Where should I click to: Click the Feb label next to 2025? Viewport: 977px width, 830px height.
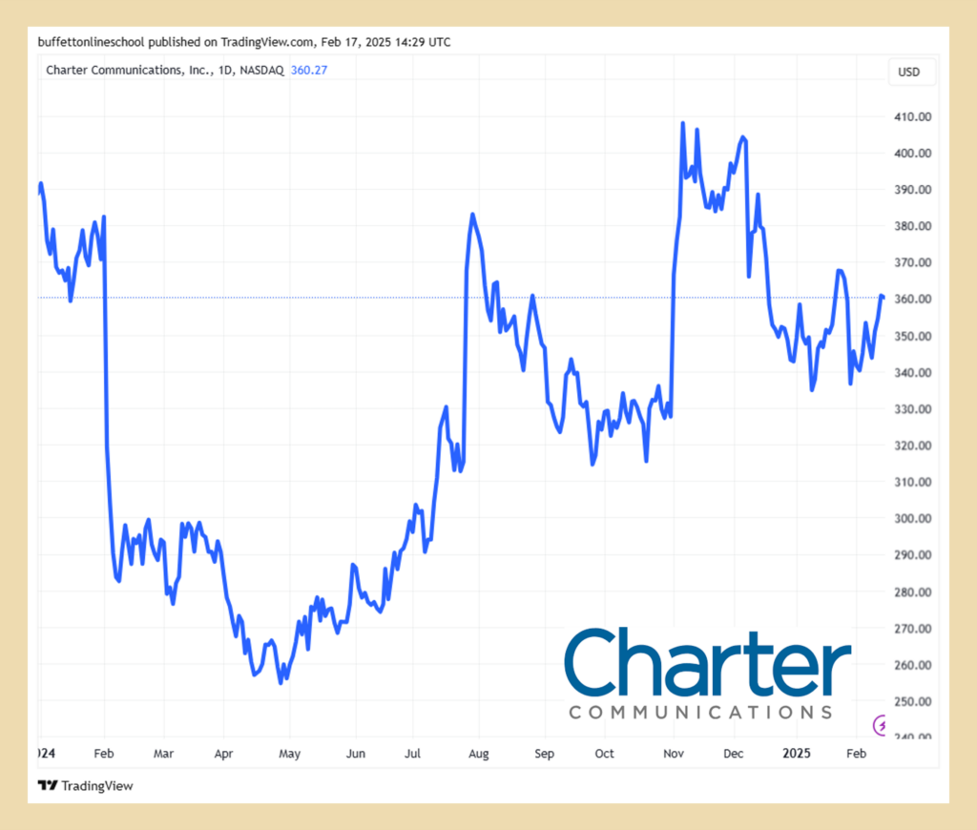[x=856, y=754]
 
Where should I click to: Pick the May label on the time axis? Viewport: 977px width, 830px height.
[x=289, y=754]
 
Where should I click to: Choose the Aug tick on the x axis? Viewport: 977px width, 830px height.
[x=478, y=754]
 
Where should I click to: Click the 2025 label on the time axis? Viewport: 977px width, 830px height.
[x=797, y=754]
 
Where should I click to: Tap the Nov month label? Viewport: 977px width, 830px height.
[x=674, y=754]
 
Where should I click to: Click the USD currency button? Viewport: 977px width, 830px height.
[x=909, y=72]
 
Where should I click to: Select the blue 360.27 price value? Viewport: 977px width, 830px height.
[x=308, y=70]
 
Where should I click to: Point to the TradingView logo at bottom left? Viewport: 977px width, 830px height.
[x=85, y=786]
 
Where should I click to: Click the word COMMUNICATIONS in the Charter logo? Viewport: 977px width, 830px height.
[x=699, y=712]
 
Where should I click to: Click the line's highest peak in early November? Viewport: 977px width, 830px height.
[x=682, y=123]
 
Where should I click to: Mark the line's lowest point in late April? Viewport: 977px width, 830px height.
[x=281, y=682]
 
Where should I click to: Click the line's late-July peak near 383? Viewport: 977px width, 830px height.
[x=471, y=215]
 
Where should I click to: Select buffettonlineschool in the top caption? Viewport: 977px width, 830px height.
[x=92, y=42]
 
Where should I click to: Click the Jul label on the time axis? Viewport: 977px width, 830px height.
[x=413, y=754]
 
